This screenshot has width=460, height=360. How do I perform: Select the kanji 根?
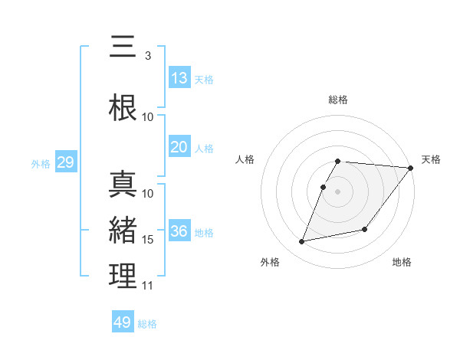click(123, 106)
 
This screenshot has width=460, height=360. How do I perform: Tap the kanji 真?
click(123, 184)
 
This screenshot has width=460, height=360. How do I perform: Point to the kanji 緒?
click(123, 230)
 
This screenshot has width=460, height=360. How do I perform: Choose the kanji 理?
click(123, 276)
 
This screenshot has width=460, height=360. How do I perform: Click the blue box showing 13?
click(179, 78)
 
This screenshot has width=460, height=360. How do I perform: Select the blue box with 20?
click(179, 147)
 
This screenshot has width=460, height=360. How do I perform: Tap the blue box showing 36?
click(179, 231)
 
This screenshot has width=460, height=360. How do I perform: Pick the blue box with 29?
click(65, 162)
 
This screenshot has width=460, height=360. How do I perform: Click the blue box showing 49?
click(123, 322)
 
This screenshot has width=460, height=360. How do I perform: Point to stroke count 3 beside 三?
click(147, 56)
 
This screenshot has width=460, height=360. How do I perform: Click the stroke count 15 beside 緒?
click(148, 240)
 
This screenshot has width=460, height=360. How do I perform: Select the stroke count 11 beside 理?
click(148, 286)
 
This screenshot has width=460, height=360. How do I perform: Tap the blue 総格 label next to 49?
click(147, 324)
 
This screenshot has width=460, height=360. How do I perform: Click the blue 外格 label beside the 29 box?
click(41, 163)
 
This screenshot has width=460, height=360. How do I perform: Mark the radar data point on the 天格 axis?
click(411, 168)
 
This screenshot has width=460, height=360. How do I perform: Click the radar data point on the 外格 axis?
click(302, 241)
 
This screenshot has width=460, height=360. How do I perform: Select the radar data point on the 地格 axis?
click(365, 229)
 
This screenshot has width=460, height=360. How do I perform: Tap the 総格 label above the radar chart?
click(338, 100)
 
